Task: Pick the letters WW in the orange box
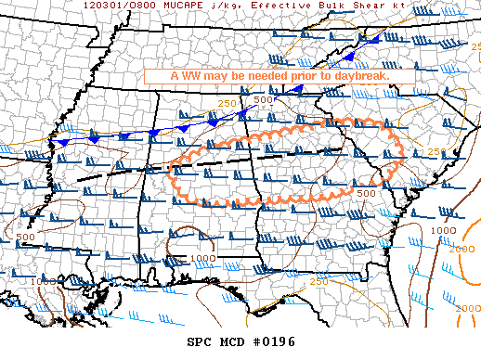[189, 75]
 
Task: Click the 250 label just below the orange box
[227, 103]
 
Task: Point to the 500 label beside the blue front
[265, 99]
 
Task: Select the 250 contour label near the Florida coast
[318, 281]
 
